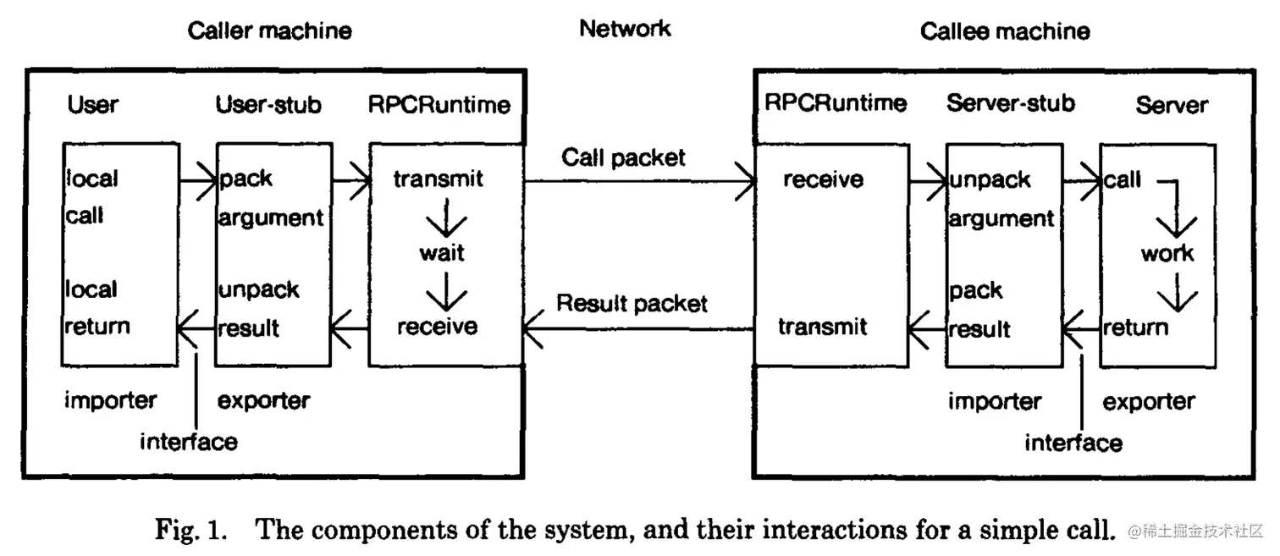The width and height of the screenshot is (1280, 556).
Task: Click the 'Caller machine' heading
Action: click(x=269, y=31)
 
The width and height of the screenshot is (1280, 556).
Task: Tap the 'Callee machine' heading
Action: click(x=1005, y=32)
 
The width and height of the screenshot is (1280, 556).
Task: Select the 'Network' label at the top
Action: click(x=625, y=29)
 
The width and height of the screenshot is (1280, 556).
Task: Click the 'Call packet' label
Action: click(x=623, y=157)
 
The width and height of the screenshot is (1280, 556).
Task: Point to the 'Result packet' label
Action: click(x=632, y=304)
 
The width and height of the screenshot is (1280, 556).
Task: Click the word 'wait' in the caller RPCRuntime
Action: click(x=442, y=253)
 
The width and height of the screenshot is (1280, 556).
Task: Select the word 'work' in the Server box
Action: click(x=1167, y=253)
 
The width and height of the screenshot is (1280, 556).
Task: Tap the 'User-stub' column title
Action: click(x=268, y=104)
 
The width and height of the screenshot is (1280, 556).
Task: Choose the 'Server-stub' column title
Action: click(x=1011, y=103)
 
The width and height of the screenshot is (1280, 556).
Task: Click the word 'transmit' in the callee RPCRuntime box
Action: click(x=822, y=327)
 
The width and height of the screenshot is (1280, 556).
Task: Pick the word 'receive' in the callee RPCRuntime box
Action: click(x=823, y=179)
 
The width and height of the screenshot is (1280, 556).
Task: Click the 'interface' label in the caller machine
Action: click(x=188, y=441)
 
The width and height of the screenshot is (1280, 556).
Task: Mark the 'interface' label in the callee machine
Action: click(x=1073, y=443)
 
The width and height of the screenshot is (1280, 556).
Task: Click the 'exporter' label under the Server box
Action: click(x=1148, y=401)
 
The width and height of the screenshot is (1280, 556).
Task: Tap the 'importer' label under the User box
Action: click(x=110, y=399)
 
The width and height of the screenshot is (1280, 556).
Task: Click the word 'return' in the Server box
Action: click(x=1134, y=327)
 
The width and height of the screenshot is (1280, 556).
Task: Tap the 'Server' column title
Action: click(x=1172, y=105)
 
